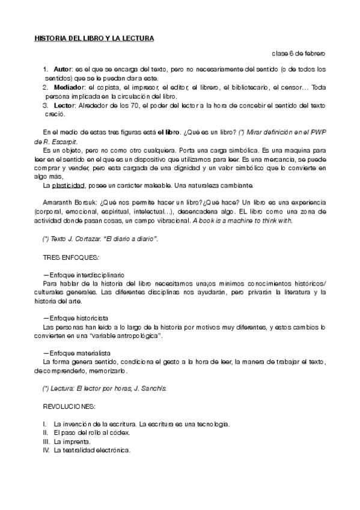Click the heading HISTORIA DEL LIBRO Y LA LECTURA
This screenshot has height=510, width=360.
pos(94,38)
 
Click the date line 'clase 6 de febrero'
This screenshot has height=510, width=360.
pos(299,54)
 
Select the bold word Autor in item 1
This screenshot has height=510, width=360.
pos(62,70)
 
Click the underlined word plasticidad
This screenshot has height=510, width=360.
pos(69,185)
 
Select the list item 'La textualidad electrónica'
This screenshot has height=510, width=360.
pos(91,450)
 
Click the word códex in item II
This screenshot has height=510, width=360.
pos(119,432)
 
